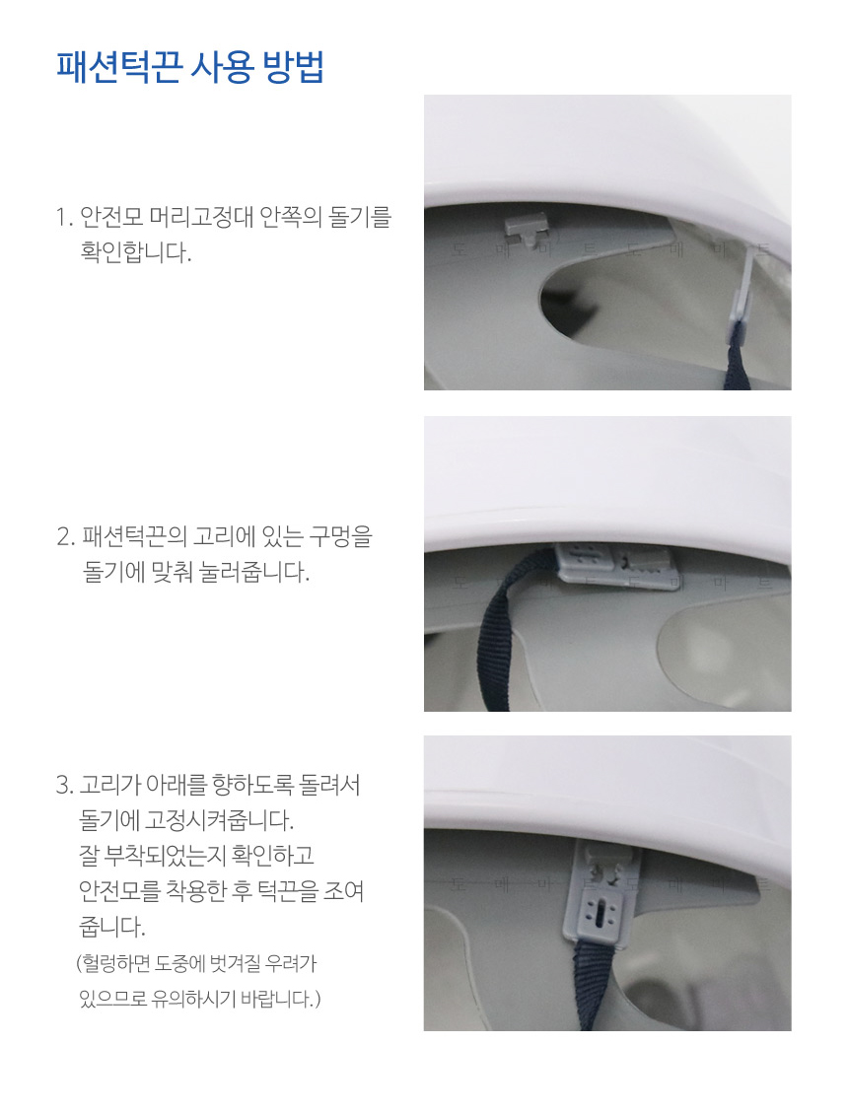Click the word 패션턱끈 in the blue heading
click(117, 67)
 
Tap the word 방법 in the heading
click(294, 67)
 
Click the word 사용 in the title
click(221, 67)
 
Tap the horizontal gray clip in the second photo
click(615, 566)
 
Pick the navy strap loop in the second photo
click(511, 625)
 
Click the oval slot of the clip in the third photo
click(602, 917)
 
